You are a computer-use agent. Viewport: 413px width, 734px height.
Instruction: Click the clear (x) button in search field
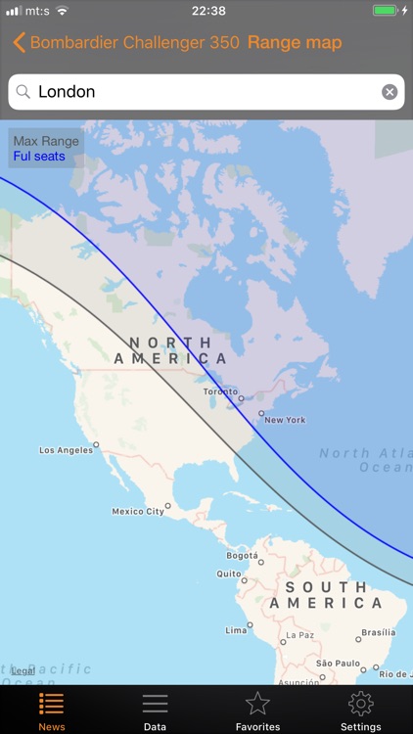(390, 92)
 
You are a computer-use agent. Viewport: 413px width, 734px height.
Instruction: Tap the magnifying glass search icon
(23, 92)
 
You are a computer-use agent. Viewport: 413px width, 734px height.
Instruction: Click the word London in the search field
(67, 92)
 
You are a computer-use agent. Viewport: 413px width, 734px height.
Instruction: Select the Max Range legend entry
(46, 141)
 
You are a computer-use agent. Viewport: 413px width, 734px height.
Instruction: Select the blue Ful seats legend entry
(39, 157)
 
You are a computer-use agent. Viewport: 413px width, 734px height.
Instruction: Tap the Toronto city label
(220, 391)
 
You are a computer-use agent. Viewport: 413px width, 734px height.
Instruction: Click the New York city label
(285, 420)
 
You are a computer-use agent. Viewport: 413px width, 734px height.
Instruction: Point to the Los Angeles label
(67, 450)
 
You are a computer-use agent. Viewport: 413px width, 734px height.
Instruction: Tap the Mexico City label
(138, 511)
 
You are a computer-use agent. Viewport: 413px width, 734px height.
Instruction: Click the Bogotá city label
(242, 555)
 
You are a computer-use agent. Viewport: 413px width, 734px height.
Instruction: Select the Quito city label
(228, 573)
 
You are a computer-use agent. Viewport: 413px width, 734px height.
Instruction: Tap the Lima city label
(236, 630)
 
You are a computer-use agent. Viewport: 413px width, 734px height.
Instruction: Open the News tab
(52, 711)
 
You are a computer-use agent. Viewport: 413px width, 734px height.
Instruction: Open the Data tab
(155, 711)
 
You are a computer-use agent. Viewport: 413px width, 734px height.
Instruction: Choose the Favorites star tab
(257, 711)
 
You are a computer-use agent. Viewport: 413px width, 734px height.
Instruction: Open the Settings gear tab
(360, 711)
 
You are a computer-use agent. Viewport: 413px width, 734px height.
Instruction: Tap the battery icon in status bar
(386, 11)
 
